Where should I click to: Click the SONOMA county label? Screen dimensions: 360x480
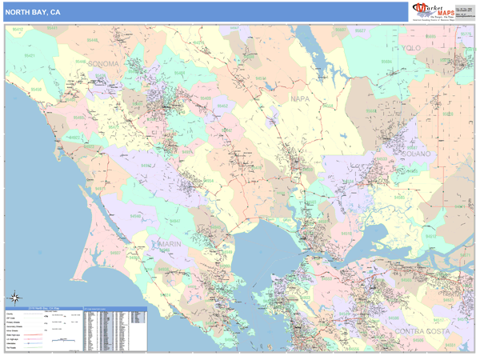(x=102, y=63)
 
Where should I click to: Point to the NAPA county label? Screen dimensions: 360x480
(x=299, y=98)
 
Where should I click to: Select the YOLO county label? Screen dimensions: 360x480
(x=411, y=49)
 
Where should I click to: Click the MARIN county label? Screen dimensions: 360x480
(x=170, y=243)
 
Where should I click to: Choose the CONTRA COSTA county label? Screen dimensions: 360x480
(x=421, y=330)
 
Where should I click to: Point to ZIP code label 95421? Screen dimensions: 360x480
(x=30, y=55)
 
